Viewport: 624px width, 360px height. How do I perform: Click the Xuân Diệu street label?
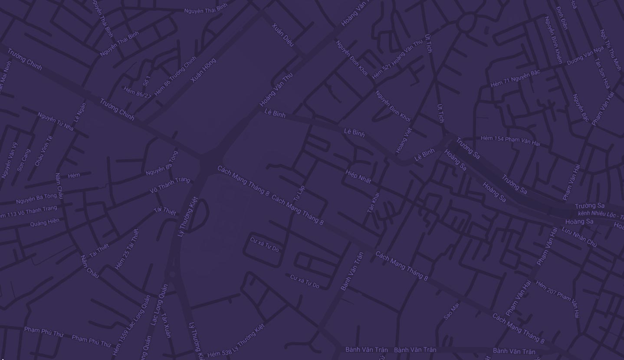pyautogui.click(x=283, y=34)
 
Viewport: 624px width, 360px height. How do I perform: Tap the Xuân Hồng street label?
pyautogui.click(x=204, y=70)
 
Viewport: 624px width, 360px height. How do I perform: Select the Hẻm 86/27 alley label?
pyautogui.click(x=137, y=92)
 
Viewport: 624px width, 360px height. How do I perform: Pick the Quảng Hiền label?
pyautogui.click(x=45, y=223)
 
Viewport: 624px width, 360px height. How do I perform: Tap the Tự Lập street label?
pyautogui.click(x=299, y=193)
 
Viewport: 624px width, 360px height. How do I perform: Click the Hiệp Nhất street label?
pyautogui.click(x=358, y=176)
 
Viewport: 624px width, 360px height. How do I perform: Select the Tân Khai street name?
pyautogui.click(x=373, y=202)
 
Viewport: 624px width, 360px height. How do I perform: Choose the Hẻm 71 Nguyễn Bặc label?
pyautogui.click(x=515, y=79)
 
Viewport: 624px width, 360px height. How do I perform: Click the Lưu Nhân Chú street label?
pyautogui.click(x=579, y=237)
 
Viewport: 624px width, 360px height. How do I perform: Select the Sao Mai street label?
pyautogui.click(x=451, y=311)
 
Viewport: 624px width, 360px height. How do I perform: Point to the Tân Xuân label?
pyautogui.click(x=166, y=325)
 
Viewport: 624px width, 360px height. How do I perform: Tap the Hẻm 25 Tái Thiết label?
pyautogui.click(x=127, y=249)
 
